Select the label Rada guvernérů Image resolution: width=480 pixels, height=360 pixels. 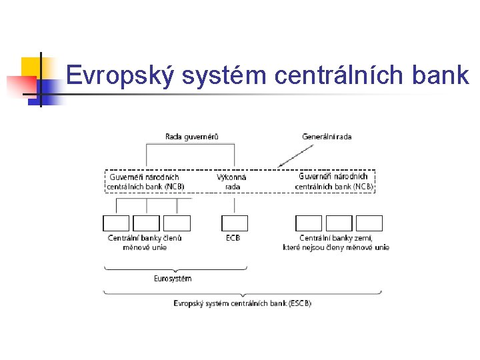[x=191, y=137]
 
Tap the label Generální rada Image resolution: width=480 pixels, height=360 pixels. [x=327, y=137]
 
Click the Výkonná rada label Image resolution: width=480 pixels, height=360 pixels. [x=232, y=182]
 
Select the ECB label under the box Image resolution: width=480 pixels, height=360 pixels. [x=233, y=238]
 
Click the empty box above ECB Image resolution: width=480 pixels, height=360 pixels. [x=234, y=223]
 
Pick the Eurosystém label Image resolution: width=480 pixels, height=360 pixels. [x=172, y=279]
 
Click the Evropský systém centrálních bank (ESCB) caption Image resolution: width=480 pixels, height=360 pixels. [x=242, y=303]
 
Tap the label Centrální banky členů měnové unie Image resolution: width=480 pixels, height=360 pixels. [x=145, y=243]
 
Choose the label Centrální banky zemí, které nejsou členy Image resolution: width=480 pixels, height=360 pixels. [x=336, y=243]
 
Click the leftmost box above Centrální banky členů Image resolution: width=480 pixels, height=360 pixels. [x=116, y=223]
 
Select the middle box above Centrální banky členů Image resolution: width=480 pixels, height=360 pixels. [x=146, y=223]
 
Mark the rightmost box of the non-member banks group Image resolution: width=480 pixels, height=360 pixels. [x=369, y=223]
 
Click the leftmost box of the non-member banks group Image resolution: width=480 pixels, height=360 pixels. [x=309, y=223]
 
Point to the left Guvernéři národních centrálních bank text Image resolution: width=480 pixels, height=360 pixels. [x=145, y=182]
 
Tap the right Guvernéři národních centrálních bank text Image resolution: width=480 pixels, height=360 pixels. [x=334, y=182]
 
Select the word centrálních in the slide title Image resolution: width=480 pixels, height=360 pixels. [x=338, y=75]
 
